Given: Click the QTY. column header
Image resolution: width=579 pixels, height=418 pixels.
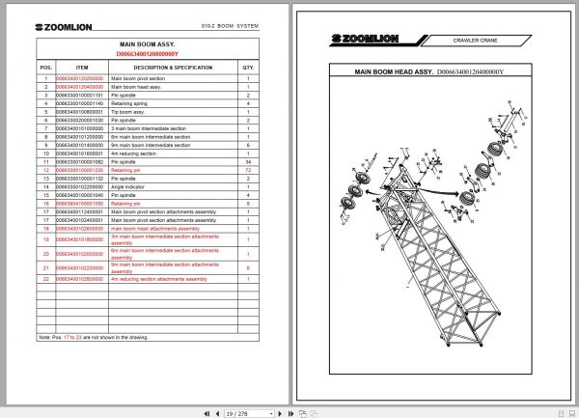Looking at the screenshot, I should (248, 67).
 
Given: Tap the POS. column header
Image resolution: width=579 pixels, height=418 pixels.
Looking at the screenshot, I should (44, 67).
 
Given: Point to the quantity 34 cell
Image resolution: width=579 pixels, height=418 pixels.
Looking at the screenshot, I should (248, 161).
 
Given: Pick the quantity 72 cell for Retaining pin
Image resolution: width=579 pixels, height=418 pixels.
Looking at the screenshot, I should (248, 170).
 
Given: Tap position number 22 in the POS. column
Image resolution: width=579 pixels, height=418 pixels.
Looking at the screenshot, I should (44, 279).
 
